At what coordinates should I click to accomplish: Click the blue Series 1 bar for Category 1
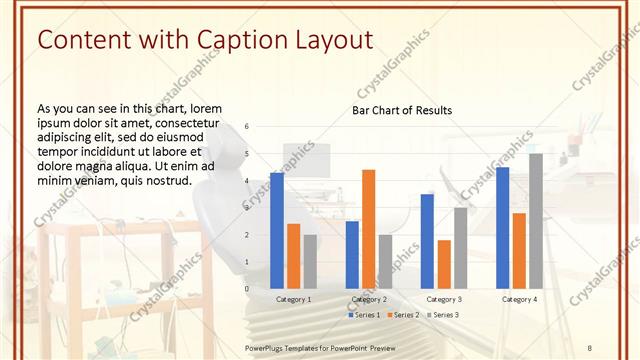(276, 231)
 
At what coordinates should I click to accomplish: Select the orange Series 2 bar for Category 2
(368, 229)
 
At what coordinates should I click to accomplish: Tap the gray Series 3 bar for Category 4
(536, 221)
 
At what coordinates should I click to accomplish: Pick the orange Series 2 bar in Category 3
(444, 264)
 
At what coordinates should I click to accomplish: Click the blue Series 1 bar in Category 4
(502, 228)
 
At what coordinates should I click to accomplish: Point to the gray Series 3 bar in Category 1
(310, 261)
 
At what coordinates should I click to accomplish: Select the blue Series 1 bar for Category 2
(352, 255)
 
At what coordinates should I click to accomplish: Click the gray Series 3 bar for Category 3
(460, 248)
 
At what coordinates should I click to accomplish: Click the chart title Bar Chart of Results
(401, 110)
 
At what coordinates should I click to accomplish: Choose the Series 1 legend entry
(364, 315)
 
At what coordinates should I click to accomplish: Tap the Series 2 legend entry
(402, 315)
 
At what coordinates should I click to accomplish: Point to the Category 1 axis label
(293, 299)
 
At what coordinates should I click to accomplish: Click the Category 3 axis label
(444, 299)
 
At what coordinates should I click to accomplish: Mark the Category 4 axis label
(519, 299)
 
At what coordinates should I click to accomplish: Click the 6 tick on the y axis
(247, 127)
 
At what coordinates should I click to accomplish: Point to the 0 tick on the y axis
(247, 289)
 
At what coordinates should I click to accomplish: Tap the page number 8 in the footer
(589, 347)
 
